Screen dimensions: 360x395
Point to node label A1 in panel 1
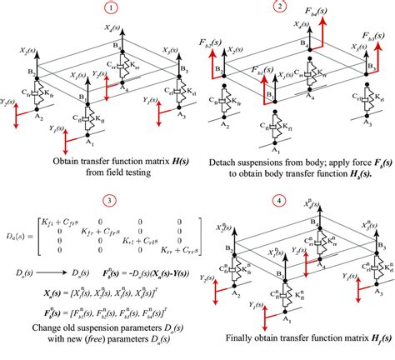pos(82,142)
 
